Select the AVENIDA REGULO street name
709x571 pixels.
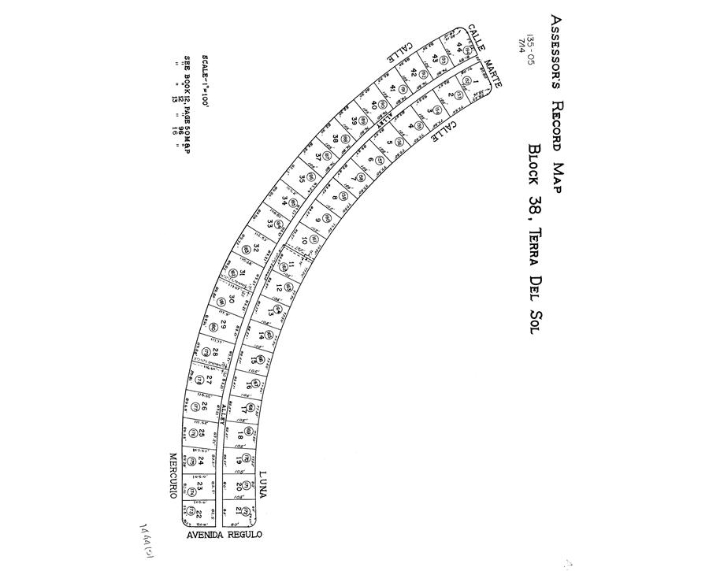coord(224,536)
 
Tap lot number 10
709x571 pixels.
coord(304,239)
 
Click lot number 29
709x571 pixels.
coord(224,324)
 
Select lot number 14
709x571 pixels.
coord(260,336)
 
